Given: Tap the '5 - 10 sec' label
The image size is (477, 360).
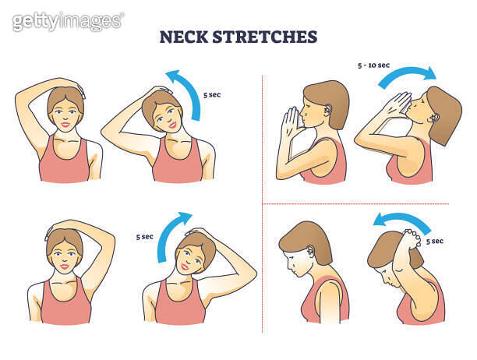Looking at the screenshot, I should pos(373,65).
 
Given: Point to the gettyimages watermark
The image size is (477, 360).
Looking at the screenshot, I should pos(68,21).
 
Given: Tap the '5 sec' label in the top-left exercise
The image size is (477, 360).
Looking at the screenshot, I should pos(214,96).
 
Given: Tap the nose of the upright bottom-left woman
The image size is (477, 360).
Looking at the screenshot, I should pos(65,261).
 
